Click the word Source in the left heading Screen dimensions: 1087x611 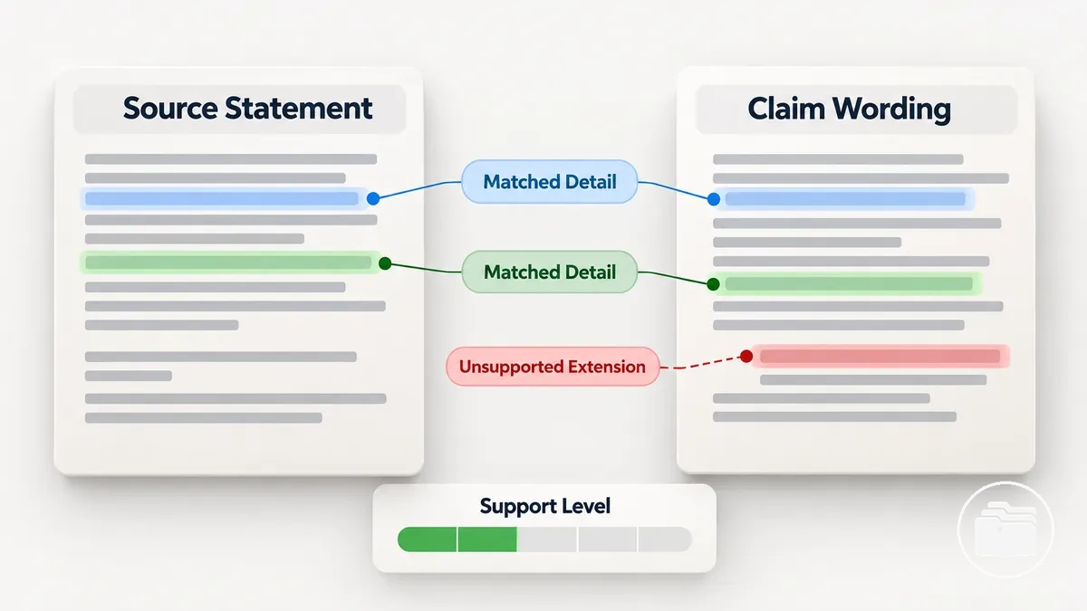(x=170, y=108)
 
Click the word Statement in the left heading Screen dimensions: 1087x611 (x=298, y=108)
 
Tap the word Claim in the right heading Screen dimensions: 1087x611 (x=786, y=108)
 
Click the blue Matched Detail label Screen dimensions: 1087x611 (x=549, y=182)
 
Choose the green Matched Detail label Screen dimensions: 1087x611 (x=549, y=272)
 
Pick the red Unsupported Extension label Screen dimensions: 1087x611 (x=553, y=367)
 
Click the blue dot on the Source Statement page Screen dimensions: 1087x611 (x=373, y=198)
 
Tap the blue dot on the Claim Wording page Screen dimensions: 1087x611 (x=714, y=199)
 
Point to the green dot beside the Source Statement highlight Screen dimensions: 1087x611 (x=385, y=263)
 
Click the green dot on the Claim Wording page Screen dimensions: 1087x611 (x=713, y=284)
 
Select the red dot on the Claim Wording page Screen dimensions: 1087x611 (x=746, y=357)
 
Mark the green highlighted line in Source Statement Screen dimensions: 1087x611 (x=229, y=263)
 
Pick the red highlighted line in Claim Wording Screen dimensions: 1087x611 (x=880, y=357)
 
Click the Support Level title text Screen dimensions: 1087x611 (x=545, y=506)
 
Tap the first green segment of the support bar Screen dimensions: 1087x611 (x=427, y=539)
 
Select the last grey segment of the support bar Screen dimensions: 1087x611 (x=665, y=539)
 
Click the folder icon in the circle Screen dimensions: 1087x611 (x=1005, y=530)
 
